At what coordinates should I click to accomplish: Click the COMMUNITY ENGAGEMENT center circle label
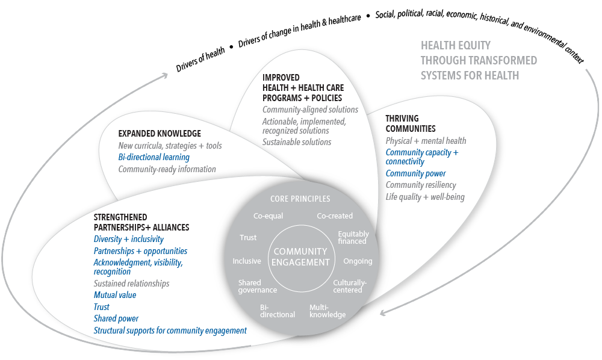coord(300,256)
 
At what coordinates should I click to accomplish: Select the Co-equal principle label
coord(268,216)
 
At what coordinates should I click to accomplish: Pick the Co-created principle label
coord(335,216)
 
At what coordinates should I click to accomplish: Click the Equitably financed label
coord(353,237)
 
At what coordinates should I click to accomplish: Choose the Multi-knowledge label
coord(327,311)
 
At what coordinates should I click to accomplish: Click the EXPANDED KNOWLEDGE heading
coord(160,134)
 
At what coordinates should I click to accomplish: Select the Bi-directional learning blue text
coord(154,157)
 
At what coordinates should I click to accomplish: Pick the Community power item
coord(415,173)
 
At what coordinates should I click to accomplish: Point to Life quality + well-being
coord(425,197)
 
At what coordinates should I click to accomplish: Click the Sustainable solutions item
coord(297,142)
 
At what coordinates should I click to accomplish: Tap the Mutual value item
coord(115,295)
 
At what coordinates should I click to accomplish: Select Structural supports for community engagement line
coord(170,331)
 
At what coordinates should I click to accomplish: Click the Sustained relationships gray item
coord(131,283)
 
